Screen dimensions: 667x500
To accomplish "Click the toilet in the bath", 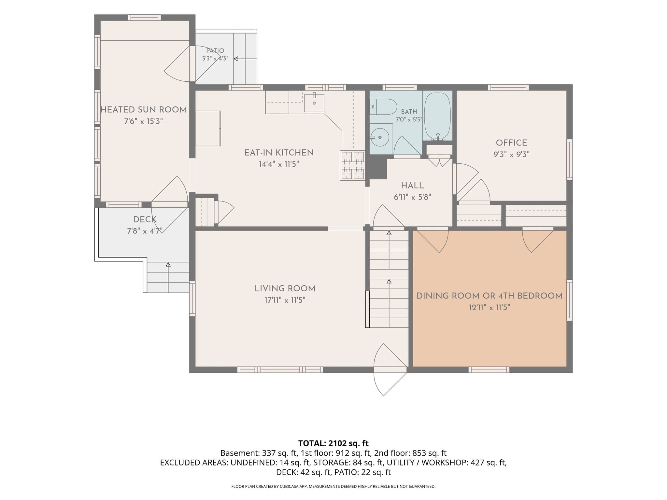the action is click(x=383, y=107).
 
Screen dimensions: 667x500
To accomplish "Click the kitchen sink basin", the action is click(x=314, y=103).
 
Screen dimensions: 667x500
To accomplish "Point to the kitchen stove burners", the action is click(x=352, y=165).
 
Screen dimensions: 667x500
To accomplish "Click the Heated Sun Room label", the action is click(x=144, y=110).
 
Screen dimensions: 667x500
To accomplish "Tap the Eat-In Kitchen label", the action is click(x=279, y=153).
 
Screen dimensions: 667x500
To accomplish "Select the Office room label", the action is click(x=511, y=143).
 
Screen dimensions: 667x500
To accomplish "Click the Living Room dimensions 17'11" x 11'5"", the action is click(x=285, y=300).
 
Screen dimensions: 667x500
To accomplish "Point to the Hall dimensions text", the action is click(x=412, y=197).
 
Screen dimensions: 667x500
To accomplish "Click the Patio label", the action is click(x=215, y=51).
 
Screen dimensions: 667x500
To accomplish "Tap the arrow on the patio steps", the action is click(x=246, y=59).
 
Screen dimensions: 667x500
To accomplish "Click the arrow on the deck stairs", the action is click(x=168, y=277).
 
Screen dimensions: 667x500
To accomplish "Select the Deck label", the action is click(x=145, y=219).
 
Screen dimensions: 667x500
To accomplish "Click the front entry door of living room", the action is click(x=390, y=370).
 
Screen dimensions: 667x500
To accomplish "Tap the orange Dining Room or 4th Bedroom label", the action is click(x=490, y=296).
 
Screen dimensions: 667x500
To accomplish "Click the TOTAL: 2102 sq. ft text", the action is click(x=333, y=443).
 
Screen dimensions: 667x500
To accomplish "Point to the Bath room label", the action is click(x=409, y=112).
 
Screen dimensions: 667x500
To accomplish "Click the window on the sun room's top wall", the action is click(x=144, y=18).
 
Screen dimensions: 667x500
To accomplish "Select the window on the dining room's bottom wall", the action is click(x=489, y=370).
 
